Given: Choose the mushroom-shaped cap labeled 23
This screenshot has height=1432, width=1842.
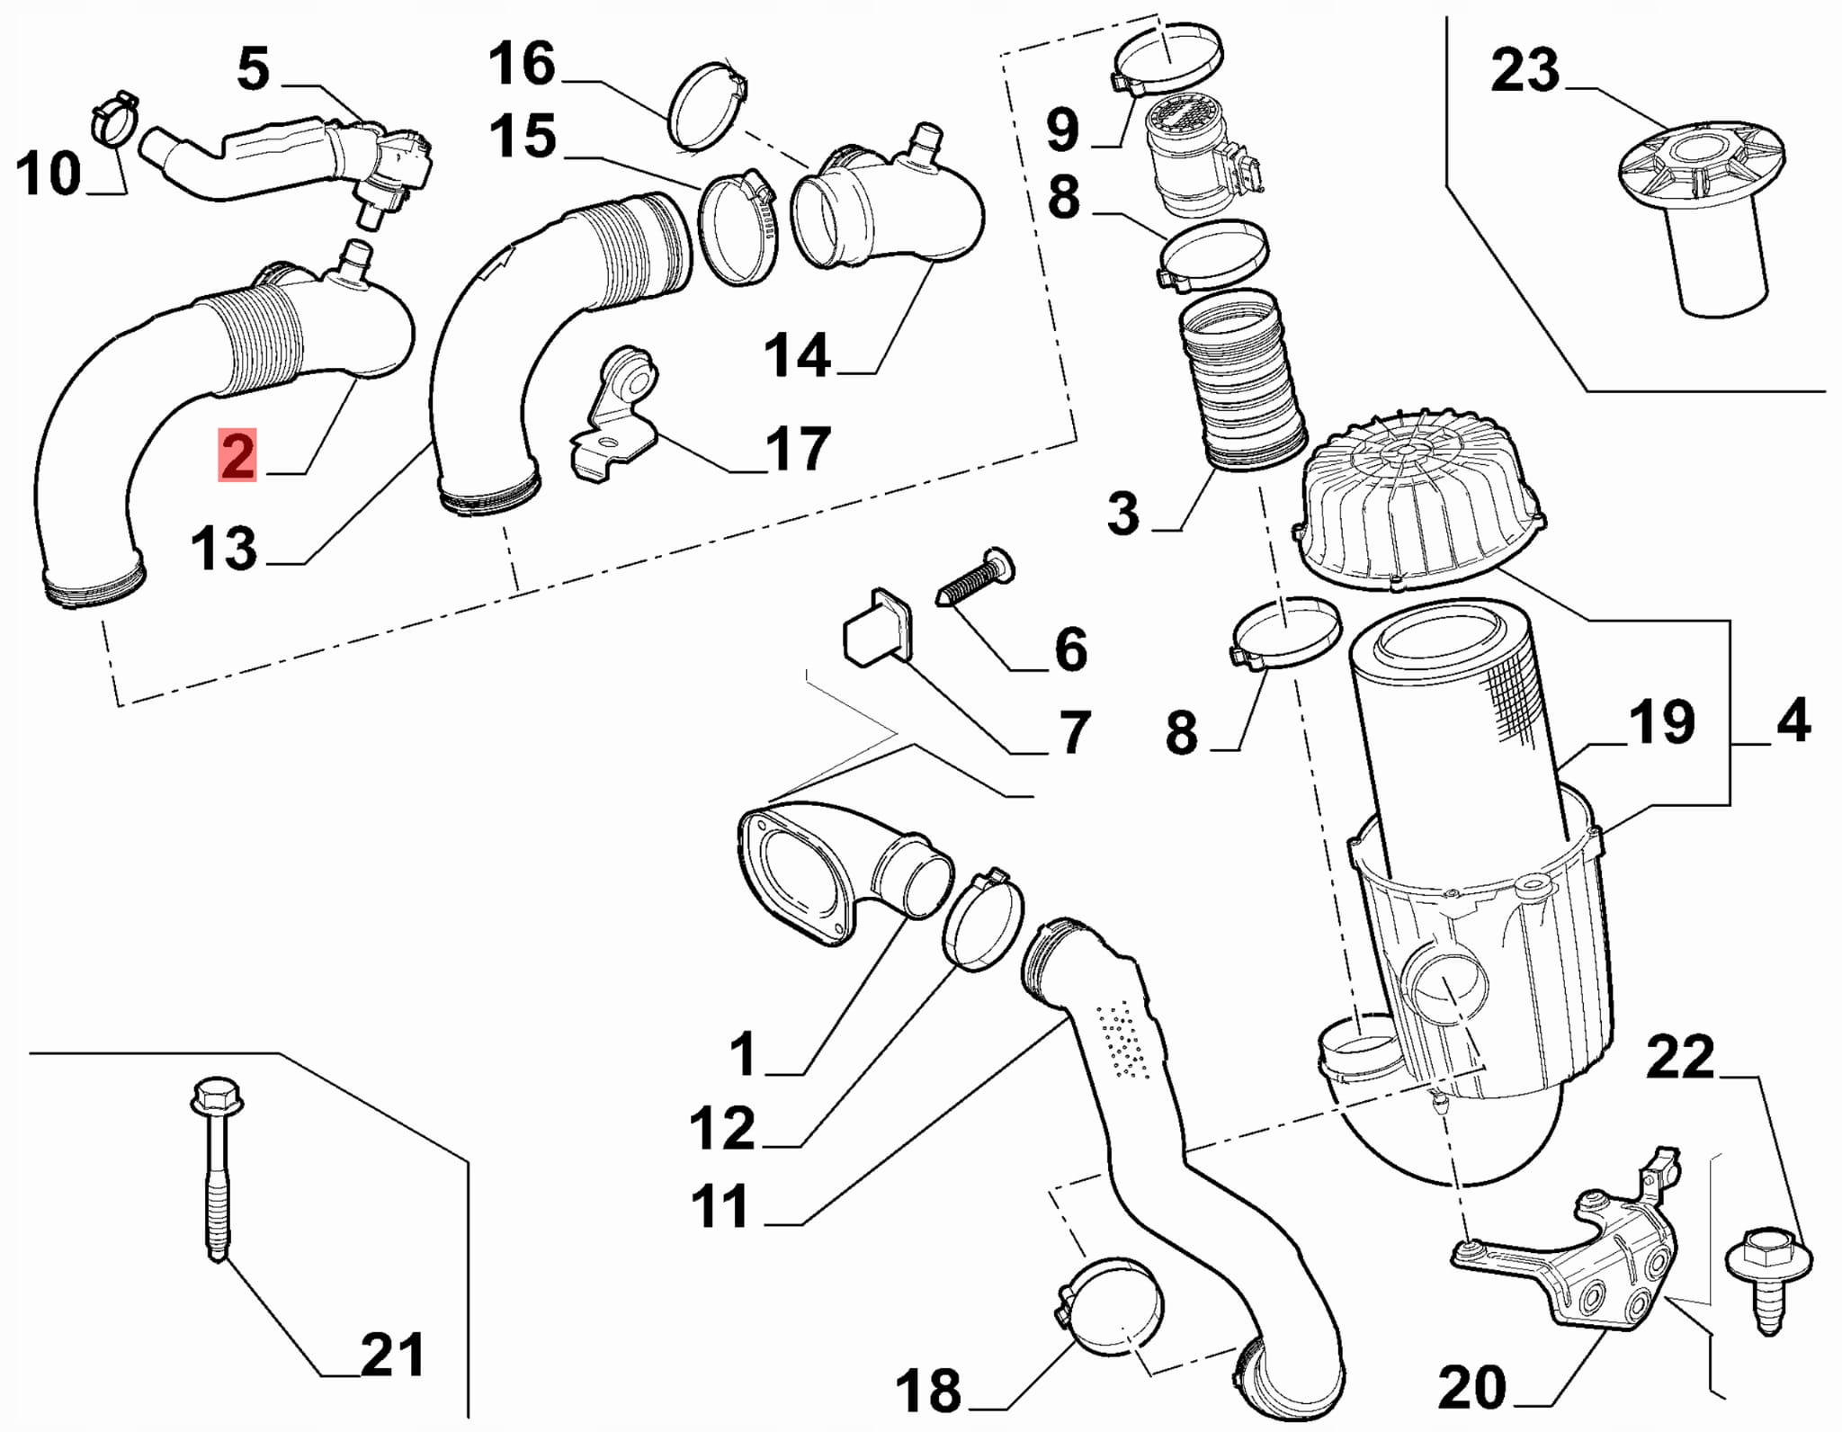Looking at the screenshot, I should (1702, 216).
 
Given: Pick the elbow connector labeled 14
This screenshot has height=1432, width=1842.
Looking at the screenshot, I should (886, 211).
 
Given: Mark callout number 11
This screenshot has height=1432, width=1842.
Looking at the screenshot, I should (720, 1207).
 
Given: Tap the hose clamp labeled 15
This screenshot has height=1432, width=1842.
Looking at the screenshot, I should (738, 229).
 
